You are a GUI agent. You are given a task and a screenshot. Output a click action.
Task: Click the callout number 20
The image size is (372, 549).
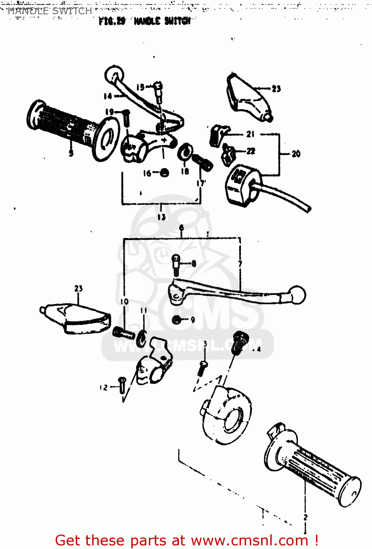[296, 154]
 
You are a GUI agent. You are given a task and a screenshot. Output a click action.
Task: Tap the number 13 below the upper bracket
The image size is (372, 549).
[161, 217]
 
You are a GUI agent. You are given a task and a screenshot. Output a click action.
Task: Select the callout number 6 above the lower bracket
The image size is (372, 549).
[181, 228]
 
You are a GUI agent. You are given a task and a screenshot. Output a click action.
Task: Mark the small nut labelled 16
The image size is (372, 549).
[164, 173]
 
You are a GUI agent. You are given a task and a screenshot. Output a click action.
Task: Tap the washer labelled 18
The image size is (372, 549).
[185, 152]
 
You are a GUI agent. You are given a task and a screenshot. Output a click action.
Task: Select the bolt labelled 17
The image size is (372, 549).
[203, 162]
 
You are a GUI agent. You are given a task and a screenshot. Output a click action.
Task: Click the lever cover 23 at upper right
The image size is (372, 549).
[247, 98]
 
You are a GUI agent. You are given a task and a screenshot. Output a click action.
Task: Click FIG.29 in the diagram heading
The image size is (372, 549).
[112, 21]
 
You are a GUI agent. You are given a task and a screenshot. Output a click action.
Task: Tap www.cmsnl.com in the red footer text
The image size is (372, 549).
[249, 541]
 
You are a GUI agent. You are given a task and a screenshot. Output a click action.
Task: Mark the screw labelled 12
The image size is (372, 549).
[122, 386]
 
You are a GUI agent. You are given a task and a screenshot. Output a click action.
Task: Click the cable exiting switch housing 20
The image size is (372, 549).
[285, 197]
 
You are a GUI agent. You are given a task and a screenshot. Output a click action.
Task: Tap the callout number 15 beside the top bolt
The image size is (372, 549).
[140, 87]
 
